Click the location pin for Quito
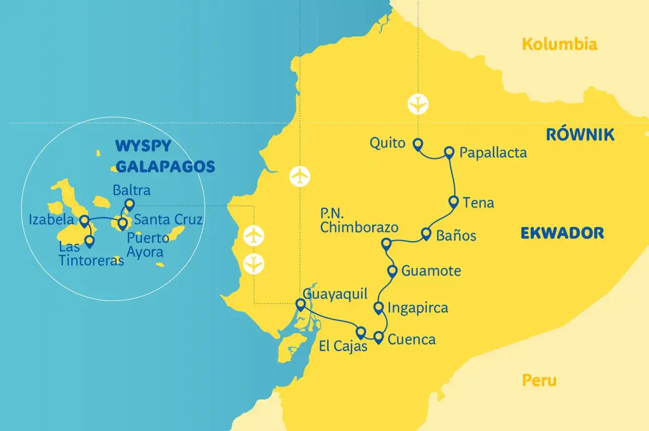point(417,145)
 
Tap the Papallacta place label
point(493,152)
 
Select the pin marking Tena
point(454,201)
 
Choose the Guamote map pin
point(392,271)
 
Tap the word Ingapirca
point(418,308)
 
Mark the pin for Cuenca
point(379,337)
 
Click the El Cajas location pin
point(360,333)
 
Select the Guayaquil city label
point(335,294)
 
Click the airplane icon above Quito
point(418,104)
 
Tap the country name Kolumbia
point(559,45)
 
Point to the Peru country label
point(539,380)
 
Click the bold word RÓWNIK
point(580,135)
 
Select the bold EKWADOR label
point(562,233)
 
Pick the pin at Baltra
point(129,204)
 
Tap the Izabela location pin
point(85,220)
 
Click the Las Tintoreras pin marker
point(90,242)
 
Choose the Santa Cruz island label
point(168,220)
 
